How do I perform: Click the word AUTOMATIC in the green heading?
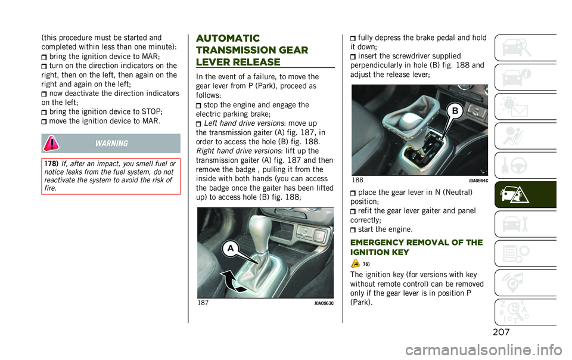(x=228, y=38)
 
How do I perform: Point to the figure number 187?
(x=204, y=303)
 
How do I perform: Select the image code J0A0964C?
(x=478, y=180)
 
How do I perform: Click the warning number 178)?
(x=51, y=164)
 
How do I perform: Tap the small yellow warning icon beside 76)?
(x=355, y=263)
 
